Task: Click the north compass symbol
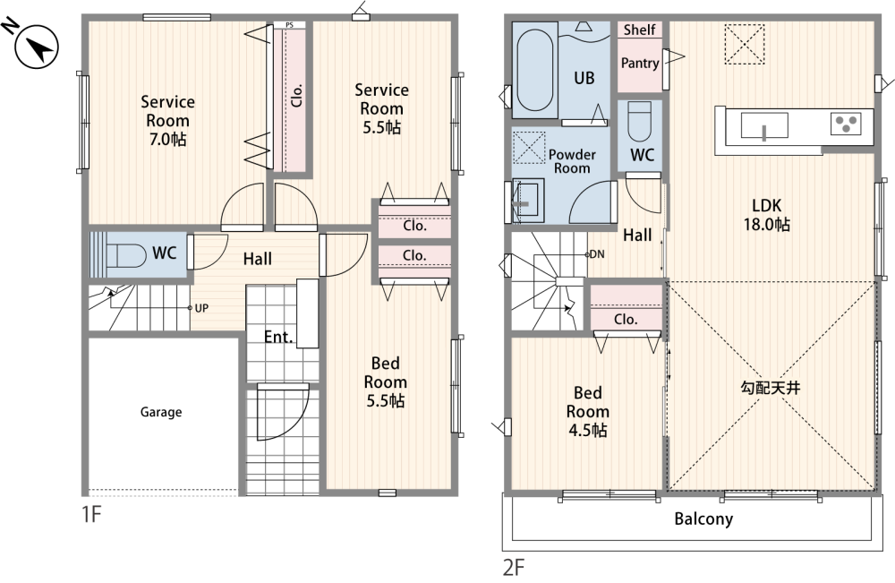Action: click(x=37, y=47)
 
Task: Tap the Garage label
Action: click(x=161, y=412)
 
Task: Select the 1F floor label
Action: click(x=91, y=514)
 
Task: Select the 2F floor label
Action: click(x=513, y=568)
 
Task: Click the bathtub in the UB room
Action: click(x=535, y=70)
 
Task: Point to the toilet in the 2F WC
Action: click(x=639, y=121)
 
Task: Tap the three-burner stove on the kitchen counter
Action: click(x=846, y=124)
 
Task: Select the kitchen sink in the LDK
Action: click(x=764, y=125)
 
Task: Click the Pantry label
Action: click(x=640, y=63)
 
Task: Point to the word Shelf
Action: click(x=639, y=30)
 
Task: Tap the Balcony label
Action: click(x=703, y=519)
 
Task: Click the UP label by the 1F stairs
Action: click(x=201, y=308)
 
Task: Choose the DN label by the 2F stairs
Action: click(x=596, y=254)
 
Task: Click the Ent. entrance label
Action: click(x=278, y=337)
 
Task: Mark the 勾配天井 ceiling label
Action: click(x=770, y=389)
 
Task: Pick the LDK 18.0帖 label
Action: click(x=767, y=215)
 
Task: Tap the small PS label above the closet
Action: click(x=289, y=25)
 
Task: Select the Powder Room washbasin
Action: click(x=525, y=200)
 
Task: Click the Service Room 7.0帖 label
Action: click(x=168, y=121)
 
